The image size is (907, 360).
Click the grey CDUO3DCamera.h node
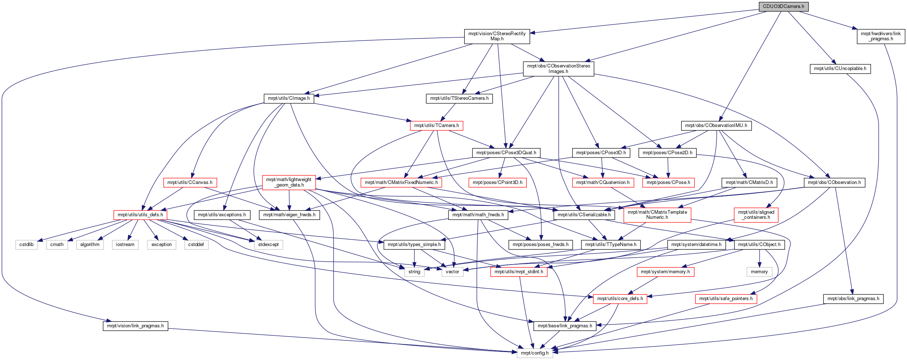(x=784, y=7)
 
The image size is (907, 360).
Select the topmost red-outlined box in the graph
(x=436, y=126)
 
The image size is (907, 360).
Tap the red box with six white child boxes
(x=140, y=215)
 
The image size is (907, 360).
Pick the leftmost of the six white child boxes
(x=27, y=245)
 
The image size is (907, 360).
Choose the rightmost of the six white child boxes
(x=196, y=245)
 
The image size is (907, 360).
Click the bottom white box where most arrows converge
(x=535, y=353)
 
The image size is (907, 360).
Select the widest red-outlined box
(x=401, y=183)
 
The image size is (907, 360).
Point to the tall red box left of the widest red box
(x=289, y=182)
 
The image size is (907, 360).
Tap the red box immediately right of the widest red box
(x=497, y=183)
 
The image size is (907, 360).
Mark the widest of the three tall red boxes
(x=657, y=215)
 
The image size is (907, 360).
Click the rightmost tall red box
(x=756, y=215)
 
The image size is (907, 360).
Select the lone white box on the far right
(x=759, y=272)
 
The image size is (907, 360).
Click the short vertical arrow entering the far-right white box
(x=759, y=258)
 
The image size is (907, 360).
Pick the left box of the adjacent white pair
(x=414, y=272)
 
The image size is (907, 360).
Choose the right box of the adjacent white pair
(x=452, y=272)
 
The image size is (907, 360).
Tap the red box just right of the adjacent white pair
(x=518, y=272)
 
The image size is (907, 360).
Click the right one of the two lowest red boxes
(x=726, y=299)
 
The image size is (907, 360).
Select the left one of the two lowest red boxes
(x=620, y=299)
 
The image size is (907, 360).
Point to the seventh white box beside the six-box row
(x=268, y=245)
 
